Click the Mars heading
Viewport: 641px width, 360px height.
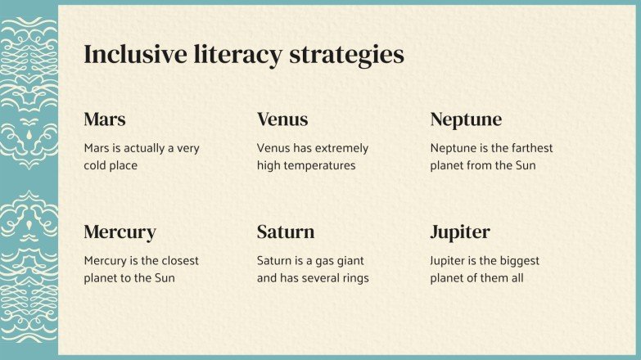[x=105, y=119]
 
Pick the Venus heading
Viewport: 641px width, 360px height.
[x=282, y=119]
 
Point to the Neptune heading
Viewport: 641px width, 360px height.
[x=466, y=119]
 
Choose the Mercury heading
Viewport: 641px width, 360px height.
[x=120, y=232]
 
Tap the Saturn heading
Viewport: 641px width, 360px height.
[x=286, y=232]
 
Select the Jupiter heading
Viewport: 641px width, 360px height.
[x=460, y=232]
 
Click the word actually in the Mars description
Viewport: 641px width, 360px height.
[x=149, y=148]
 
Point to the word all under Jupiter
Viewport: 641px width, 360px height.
[x=515, y=278]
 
